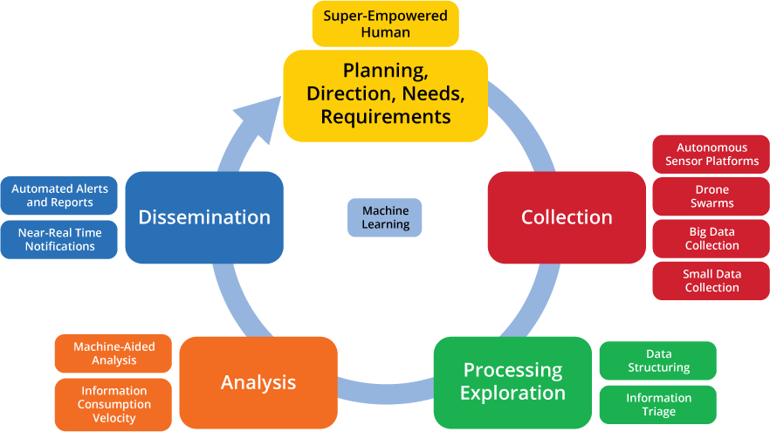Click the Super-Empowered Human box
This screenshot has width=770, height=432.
[385, 24]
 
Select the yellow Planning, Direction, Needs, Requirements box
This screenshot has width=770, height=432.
[385, 94]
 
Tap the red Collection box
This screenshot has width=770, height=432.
[567, 217]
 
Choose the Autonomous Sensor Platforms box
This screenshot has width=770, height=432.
[712, 154]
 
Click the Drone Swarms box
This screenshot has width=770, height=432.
[712, 196]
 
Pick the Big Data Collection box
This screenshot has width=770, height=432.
[712, 238]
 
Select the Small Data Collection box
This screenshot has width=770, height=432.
[712, 280]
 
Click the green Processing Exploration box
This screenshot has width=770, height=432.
[512, 382]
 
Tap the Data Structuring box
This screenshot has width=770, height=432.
[658, 360]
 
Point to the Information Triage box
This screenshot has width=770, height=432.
[658, 405]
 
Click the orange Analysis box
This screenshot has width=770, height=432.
[258, 382]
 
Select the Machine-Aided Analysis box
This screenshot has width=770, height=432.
[113, 353]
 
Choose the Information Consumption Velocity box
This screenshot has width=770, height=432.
[113, 404]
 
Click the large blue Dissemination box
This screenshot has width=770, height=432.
[204, 217]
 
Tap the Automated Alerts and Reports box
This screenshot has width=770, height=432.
[59, 195]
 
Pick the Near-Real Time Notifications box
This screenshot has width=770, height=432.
[59, 239]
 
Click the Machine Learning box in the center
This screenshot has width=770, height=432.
[385, 217]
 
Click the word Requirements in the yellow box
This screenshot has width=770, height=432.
[385, 116]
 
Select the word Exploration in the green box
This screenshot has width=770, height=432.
[512, 394]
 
